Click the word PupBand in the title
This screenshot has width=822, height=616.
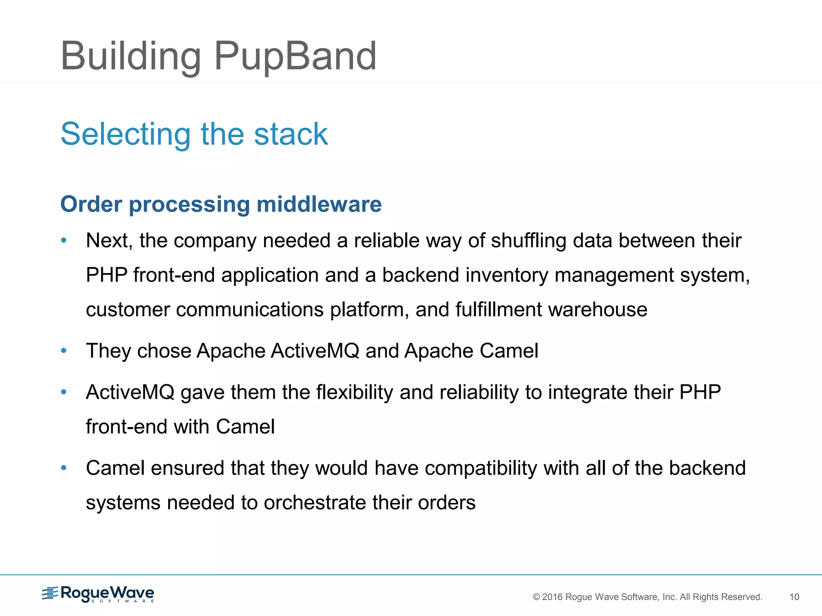point(295,56)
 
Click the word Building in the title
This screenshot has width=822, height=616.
point(130,56)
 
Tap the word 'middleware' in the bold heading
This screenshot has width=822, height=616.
point(319,204)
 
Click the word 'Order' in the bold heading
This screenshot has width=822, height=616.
point(91,204)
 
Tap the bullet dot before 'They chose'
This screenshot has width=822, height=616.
point(63,351)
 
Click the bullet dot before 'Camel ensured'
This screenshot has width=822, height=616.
point(63,468)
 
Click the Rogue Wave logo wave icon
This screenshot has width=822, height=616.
point(50,593)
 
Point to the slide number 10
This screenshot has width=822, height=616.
point(794,597)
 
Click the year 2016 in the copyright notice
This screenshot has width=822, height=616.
point(552,597)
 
